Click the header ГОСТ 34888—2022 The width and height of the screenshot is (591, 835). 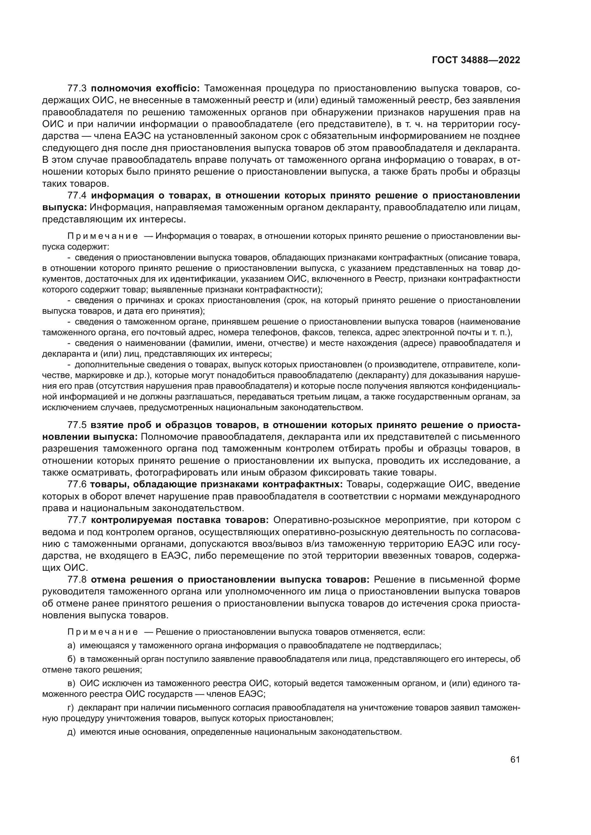[476, 60]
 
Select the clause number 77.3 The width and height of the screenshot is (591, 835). [77, 89]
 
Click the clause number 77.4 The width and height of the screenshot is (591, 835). [77, 196]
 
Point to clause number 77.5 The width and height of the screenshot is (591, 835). [77, 425]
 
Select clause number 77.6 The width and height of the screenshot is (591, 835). [77, 484]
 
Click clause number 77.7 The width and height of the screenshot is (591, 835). [77, 520]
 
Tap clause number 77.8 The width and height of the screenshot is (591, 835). [77, 579]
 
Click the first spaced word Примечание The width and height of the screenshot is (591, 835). [103, 236]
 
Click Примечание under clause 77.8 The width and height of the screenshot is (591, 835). [103, 632]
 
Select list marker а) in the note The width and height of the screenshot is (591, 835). [71, 645]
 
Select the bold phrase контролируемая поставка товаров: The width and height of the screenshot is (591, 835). [180, 520]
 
